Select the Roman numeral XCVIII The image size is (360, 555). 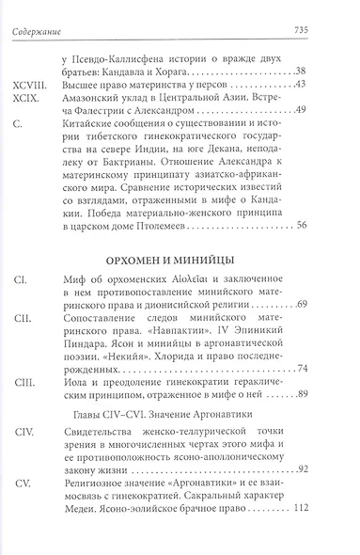pos(29,86)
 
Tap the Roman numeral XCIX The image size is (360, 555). pos(25,100)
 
